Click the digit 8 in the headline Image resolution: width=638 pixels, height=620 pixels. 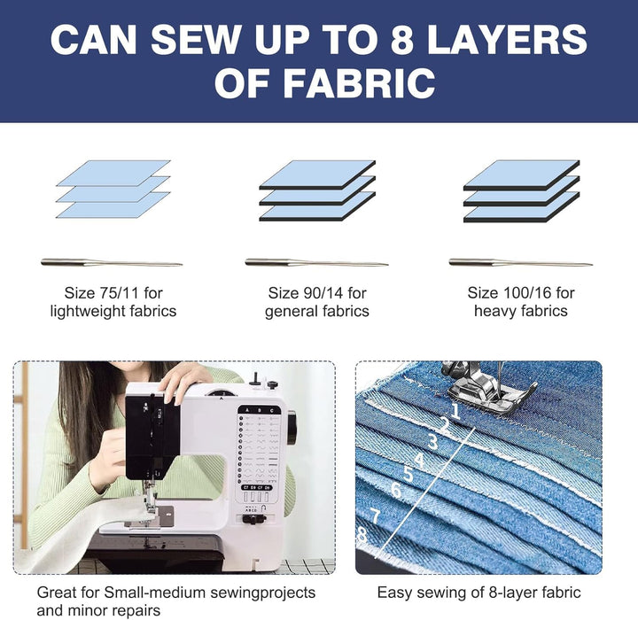402,39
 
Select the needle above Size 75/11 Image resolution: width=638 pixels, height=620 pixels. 112,262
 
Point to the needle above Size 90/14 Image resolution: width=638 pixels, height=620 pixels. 316,262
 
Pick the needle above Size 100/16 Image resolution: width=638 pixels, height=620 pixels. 520,262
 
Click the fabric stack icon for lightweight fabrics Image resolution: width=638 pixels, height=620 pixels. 113,190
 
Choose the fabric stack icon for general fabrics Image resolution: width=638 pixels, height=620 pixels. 317,190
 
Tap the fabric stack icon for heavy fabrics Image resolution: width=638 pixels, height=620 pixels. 522,190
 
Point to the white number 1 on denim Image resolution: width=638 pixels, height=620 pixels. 455,411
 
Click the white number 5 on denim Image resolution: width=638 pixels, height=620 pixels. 408,474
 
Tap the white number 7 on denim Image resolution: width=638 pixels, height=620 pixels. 375,515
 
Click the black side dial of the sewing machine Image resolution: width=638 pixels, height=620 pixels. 292,427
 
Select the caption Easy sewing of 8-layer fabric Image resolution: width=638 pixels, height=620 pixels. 478,593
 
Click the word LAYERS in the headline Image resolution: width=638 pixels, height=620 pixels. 507,39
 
